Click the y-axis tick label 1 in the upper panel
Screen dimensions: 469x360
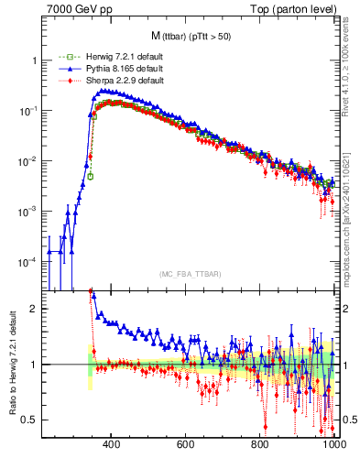[34, 60]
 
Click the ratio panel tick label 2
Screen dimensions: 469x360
[33, 309]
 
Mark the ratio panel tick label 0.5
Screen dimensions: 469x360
[29, 420]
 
